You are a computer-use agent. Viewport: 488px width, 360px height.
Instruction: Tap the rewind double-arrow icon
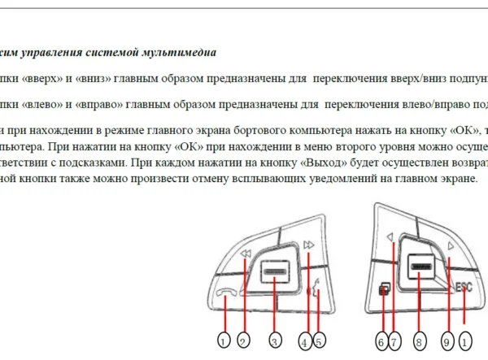[246, 255]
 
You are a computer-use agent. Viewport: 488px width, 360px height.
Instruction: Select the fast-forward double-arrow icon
[308, 244]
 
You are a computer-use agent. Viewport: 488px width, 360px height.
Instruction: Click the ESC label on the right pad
[464, 286]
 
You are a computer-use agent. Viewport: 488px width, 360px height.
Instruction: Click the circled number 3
[276, 341]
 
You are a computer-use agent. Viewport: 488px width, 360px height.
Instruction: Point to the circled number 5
[319, 341]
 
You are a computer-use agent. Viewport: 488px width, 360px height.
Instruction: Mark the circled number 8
[419, 341]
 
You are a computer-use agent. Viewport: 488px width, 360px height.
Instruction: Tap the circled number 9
[447, 341]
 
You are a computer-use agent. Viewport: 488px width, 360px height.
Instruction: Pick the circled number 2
[242, 341]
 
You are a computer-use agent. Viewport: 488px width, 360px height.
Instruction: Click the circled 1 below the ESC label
[465, 341]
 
